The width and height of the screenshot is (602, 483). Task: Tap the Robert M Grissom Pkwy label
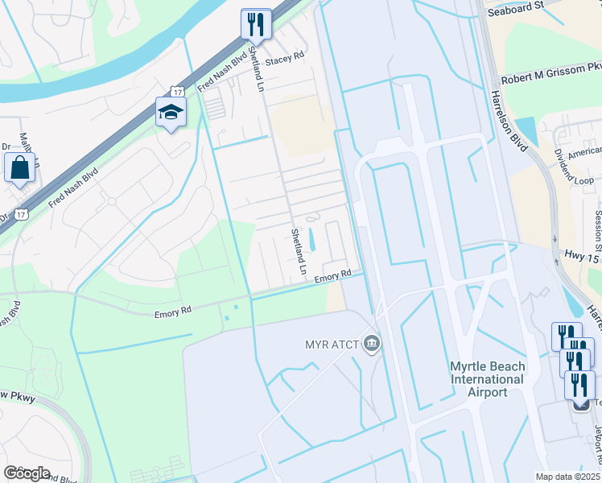pos(550,73)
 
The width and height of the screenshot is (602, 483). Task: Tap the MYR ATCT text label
pos(332,345)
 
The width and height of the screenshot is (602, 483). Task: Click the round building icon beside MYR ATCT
pos(371,345)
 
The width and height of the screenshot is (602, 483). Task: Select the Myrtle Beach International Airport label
pos(487,379)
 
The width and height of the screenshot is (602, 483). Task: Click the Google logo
pos(27,473)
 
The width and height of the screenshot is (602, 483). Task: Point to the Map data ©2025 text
pos(568,477)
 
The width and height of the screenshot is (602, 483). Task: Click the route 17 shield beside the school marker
pos(176,93)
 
